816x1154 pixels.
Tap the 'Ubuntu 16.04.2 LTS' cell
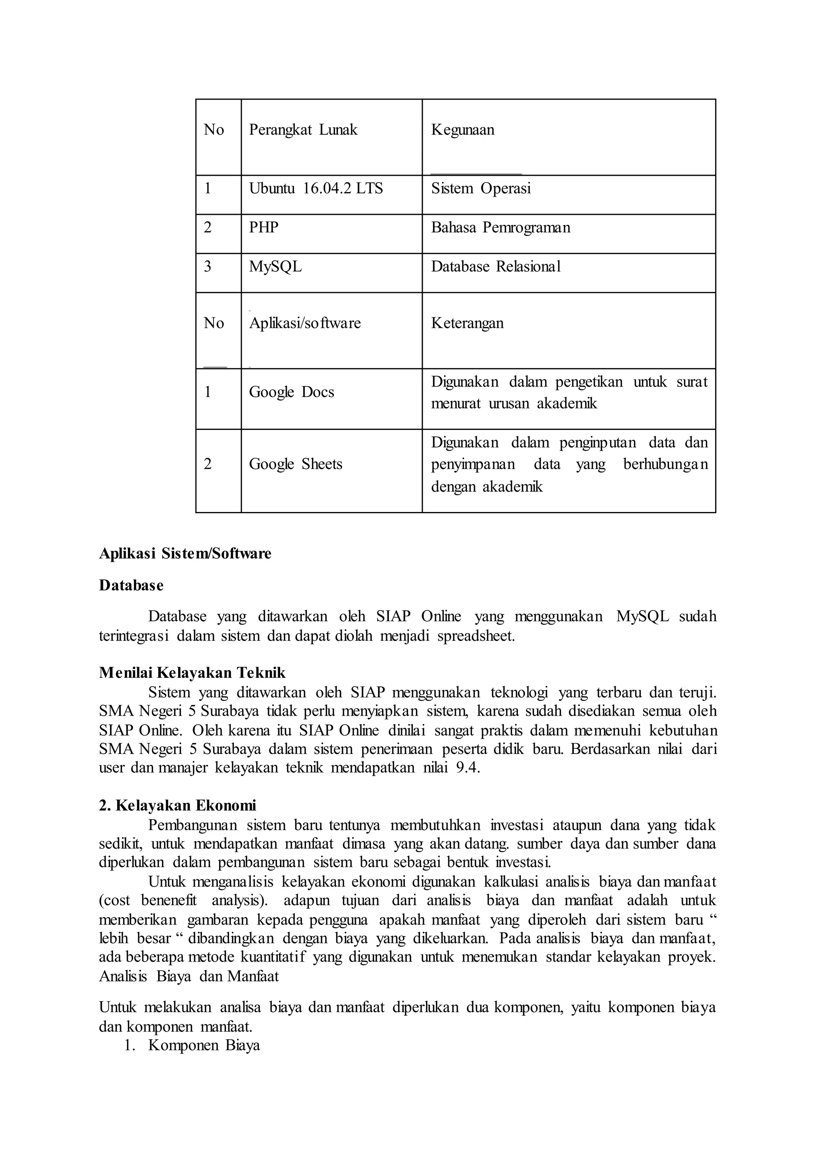tap(316, 189)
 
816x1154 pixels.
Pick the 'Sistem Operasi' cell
tap(481, 189)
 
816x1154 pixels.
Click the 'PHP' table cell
tap(263, 228)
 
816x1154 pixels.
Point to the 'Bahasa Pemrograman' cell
tap(500, 228)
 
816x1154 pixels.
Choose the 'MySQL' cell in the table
tap(275, 267)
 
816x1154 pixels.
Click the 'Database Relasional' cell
tap(495, 267)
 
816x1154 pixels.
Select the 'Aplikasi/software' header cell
tap(305, 323)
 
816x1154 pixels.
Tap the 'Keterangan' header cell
tap(467, 323)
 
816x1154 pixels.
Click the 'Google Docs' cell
tap(291, 392)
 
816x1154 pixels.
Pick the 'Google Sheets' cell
tap(296, 464)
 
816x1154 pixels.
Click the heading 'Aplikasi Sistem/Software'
tap(185, 553)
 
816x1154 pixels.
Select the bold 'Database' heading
tap(131, 585)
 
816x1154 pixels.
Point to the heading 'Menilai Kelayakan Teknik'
tap(192, 673)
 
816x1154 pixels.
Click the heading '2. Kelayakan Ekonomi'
tap(177, 805)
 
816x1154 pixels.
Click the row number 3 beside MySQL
tap(208, 267)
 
